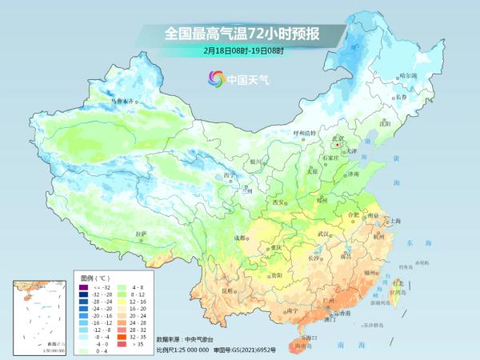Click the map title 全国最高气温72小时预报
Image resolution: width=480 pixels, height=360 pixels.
242,34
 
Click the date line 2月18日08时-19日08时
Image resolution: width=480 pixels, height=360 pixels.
243,51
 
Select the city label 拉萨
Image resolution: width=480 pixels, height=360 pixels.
142,234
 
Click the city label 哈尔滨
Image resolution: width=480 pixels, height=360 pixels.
408,75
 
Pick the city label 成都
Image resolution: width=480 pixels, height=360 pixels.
240,238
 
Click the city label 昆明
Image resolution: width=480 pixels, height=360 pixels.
229,290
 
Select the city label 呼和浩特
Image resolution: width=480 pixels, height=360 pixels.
305,132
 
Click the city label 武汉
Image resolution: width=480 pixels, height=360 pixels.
323,234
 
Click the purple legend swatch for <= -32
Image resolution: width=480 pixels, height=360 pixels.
82,286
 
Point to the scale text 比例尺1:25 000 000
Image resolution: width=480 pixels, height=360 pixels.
182,350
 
